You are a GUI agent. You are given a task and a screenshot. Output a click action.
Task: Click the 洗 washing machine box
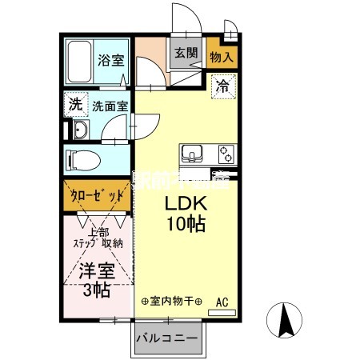tap(74, 103)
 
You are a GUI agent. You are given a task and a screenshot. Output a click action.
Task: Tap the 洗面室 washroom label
tap(108, 104)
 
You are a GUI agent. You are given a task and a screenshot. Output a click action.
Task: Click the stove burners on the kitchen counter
tap(224, 154)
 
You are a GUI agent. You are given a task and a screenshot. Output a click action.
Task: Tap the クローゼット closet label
tap(97, 196)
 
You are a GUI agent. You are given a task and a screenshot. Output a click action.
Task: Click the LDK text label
tap(185, 203)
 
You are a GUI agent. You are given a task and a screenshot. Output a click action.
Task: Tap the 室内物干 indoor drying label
tap(171, 303)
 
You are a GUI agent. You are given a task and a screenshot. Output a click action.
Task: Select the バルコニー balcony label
tap(166, 339)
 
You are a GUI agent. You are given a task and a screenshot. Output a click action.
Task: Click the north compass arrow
tap(283, 322)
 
